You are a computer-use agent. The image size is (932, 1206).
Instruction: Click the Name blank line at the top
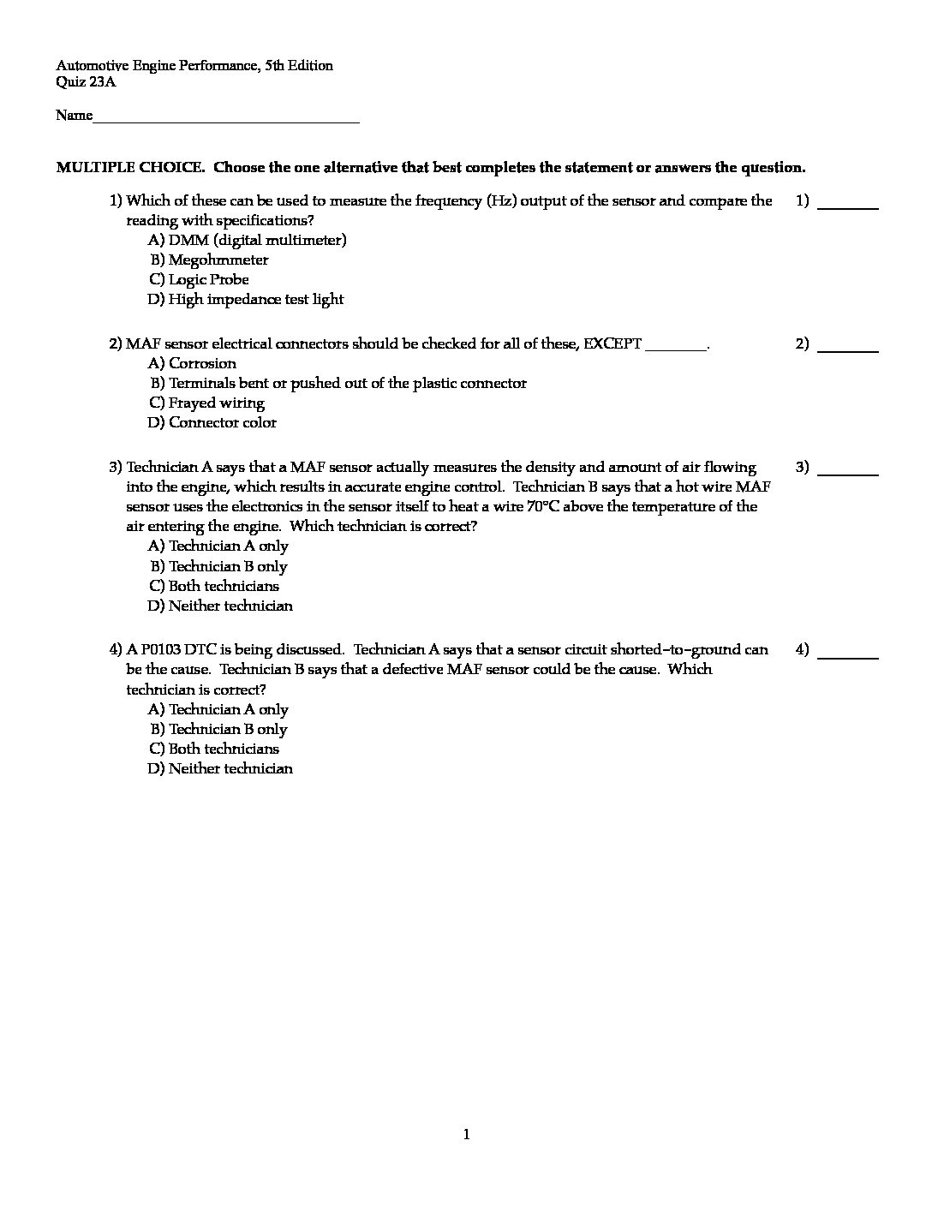click(x=225, y=119)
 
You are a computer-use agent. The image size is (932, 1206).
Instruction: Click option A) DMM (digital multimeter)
click(x=248, y=240)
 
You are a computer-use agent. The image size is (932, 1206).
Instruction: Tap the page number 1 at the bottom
click(x=466, y=1135)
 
